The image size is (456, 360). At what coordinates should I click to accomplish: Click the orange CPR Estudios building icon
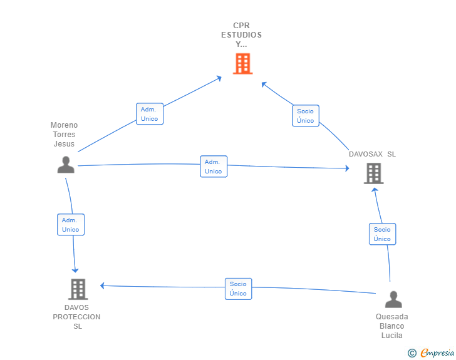point(243,64)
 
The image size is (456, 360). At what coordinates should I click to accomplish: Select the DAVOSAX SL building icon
point(374,173)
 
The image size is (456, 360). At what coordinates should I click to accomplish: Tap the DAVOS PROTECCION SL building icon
point(78,289)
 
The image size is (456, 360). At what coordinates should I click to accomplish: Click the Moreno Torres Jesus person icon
point(66,165)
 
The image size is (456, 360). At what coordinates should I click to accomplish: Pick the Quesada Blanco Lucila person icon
point(393,299)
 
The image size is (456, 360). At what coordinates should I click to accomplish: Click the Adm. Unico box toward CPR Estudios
point(150,114)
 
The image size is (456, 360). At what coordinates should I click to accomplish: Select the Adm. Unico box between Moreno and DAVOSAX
point(214,167)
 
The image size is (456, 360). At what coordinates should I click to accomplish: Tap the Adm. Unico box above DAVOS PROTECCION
point(71,225)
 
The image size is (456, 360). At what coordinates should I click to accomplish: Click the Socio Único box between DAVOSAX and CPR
point(306,116)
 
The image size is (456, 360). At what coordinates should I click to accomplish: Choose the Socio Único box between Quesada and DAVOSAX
point(383,234)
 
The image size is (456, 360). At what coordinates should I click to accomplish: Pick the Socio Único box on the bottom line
point(238,289)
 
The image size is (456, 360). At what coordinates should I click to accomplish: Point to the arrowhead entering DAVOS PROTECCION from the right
point(102,285)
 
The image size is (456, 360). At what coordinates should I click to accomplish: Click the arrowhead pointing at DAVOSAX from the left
point(347,168)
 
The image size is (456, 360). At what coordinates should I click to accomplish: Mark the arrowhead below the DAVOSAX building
point(375,190)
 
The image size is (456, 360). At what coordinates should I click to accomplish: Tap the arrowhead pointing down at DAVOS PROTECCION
point(75,270)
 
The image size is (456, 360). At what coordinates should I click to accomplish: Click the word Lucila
point(391,336)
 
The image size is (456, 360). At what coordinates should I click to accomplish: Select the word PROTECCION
point(76,317)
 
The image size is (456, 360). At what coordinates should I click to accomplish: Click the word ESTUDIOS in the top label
point(241,35)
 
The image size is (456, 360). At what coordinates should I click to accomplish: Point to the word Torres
point(64,135)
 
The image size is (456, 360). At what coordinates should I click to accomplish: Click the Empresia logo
point(431,352)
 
